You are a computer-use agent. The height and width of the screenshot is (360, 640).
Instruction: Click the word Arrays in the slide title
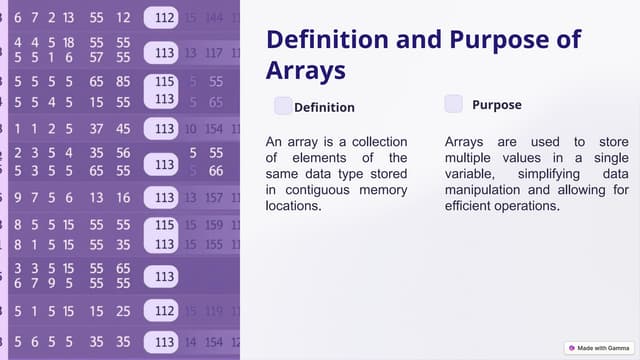(306, 70)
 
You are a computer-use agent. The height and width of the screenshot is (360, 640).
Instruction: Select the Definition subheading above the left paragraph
(324, 107)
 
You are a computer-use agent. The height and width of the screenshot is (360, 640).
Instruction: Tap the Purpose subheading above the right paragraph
(496, 104)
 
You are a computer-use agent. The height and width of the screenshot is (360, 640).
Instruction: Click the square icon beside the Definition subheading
(283, 106)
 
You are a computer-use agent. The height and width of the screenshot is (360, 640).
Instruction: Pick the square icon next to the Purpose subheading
(454, 104)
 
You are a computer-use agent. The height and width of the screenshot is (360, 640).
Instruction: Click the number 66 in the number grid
(215, 171)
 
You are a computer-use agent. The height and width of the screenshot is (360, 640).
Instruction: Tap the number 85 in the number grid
(123, 82)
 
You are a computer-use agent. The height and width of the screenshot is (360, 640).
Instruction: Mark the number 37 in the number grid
(97, 128)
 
